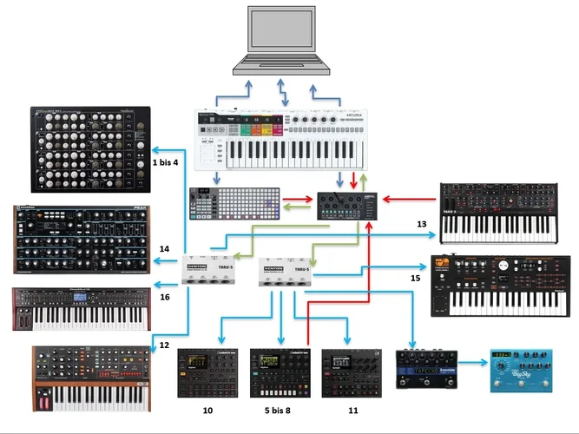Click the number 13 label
422,225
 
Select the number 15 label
415,278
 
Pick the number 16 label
164,297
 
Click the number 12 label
162,346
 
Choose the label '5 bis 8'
279,408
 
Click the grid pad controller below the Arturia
235,203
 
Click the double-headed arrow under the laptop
280,92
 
